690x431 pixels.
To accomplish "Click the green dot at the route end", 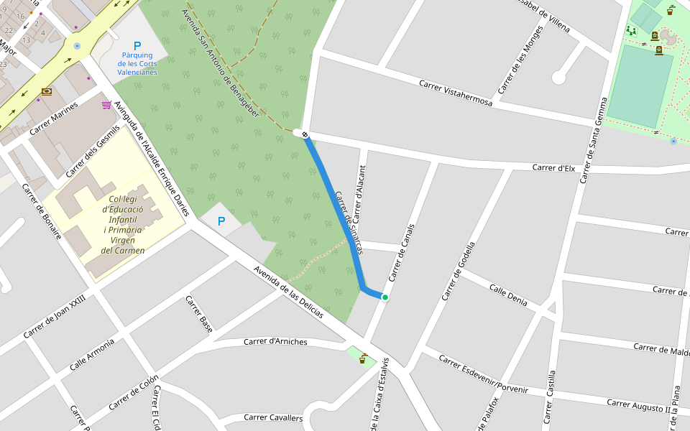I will pyautogui.click(x=385, y=297).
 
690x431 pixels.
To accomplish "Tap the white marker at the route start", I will pyautogui.click(x=305, y=134).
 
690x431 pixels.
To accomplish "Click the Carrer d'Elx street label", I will pyautogui.click(x=553, y=167).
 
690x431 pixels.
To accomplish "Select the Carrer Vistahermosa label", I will pyautogui.click(x=456, y=93).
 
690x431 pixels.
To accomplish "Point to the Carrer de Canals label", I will pyautogui.click(x=402, y=252).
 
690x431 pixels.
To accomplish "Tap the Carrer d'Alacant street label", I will pyautogui.click(x=358, y=195).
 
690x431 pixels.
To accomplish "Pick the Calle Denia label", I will pyautogui.click(x=508, y=295).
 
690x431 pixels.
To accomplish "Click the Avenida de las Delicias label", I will pyautogui.click(x=288, y=292).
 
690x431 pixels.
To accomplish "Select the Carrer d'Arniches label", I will pyautogui.click(x=275, y=342).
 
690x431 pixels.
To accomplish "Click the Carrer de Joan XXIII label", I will pyautogui.click(x=55, y=316).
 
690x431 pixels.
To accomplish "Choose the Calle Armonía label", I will pyautogui.click(x=92, y=354).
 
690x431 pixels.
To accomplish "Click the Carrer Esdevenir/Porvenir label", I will pyautogui.click(x=483, y=374).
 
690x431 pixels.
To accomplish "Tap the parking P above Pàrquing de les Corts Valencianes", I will pyautogui.click(x=137, y=45).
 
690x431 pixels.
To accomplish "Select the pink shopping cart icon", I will pyautogui.click(x=106, y=105).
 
